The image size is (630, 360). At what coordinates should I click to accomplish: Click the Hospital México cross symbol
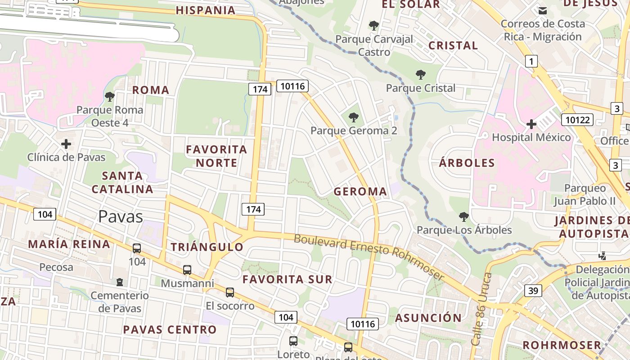531,124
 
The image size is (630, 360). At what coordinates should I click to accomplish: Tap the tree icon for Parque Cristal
421,75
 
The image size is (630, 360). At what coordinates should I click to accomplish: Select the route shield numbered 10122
577,119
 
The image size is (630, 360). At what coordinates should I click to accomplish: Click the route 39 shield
533,291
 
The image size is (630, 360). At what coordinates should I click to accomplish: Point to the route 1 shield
531,61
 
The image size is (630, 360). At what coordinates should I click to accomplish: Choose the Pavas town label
121,216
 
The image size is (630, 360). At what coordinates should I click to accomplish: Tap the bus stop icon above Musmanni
187,270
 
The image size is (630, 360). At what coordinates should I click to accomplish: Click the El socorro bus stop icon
230,292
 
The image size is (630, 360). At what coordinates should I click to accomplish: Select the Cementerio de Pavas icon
119,282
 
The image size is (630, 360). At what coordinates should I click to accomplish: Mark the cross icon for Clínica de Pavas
66,144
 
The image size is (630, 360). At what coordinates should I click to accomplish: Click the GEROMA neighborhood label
360,192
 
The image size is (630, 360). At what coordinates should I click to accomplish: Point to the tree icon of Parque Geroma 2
354,118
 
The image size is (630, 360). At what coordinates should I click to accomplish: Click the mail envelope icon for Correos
543,10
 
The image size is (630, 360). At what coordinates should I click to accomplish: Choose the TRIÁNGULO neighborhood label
207,247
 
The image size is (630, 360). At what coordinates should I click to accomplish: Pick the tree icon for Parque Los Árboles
464,217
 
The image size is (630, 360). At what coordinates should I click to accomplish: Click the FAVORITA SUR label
288,279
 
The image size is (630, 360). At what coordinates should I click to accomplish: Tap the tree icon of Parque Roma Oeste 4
109,96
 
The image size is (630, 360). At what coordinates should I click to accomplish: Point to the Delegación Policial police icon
602,256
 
